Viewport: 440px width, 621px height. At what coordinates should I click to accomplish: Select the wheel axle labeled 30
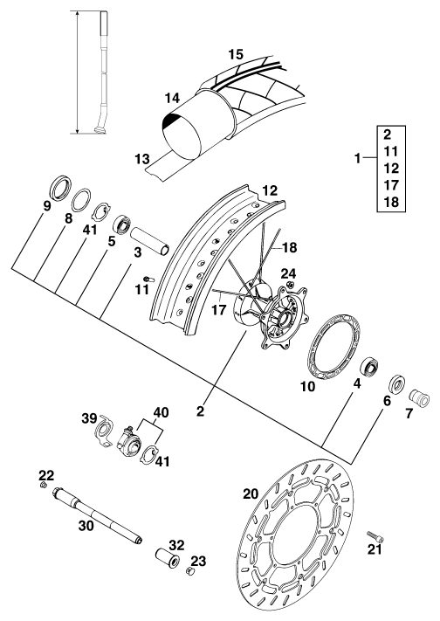click(97, 515)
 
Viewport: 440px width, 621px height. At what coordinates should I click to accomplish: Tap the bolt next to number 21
click(375, 536)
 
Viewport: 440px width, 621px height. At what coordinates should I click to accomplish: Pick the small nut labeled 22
click(44, 485)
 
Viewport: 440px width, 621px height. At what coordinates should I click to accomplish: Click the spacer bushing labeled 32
click(167, 557)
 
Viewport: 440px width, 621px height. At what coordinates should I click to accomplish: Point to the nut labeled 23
click(190, 571)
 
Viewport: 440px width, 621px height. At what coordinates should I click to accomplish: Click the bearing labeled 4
click(371, 367)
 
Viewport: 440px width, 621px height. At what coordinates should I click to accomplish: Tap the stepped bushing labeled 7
click(419, 397)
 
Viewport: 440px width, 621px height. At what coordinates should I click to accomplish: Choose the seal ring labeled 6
click(397, 383)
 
